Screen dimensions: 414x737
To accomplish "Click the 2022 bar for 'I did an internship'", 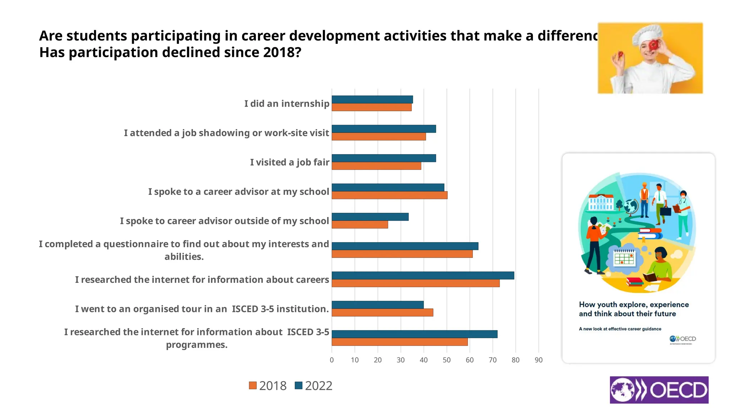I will (372, 100).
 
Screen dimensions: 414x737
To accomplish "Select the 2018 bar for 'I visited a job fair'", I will (376, 166).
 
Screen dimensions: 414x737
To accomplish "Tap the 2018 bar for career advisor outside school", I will (360, 225).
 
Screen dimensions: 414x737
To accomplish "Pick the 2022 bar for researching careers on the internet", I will (422, 275).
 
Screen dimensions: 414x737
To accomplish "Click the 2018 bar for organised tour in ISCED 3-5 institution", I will (382, 313).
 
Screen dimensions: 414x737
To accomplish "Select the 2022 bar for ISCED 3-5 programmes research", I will (414, 334).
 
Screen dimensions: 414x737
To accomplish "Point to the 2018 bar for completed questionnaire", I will (402, 254).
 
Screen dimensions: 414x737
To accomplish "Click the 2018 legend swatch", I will (253, 386).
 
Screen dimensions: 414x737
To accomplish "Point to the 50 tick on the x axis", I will (447, 360).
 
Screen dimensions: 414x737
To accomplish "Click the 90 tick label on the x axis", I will (538, 360).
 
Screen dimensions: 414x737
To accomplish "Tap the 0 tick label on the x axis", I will (332, 360).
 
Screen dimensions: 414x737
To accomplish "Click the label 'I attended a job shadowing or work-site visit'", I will (226, 133).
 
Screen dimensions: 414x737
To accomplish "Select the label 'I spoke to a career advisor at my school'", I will (239, 192).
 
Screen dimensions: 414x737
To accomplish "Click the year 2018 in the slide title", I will (279, 52).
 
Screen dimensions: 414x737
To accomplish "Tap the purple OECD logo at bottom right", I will (659, 390).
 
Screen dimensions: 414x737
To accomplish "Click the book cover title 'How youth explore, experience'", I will (634, 305).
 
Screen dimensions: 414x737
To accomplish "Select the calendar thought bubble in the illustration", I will (624, 258).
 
